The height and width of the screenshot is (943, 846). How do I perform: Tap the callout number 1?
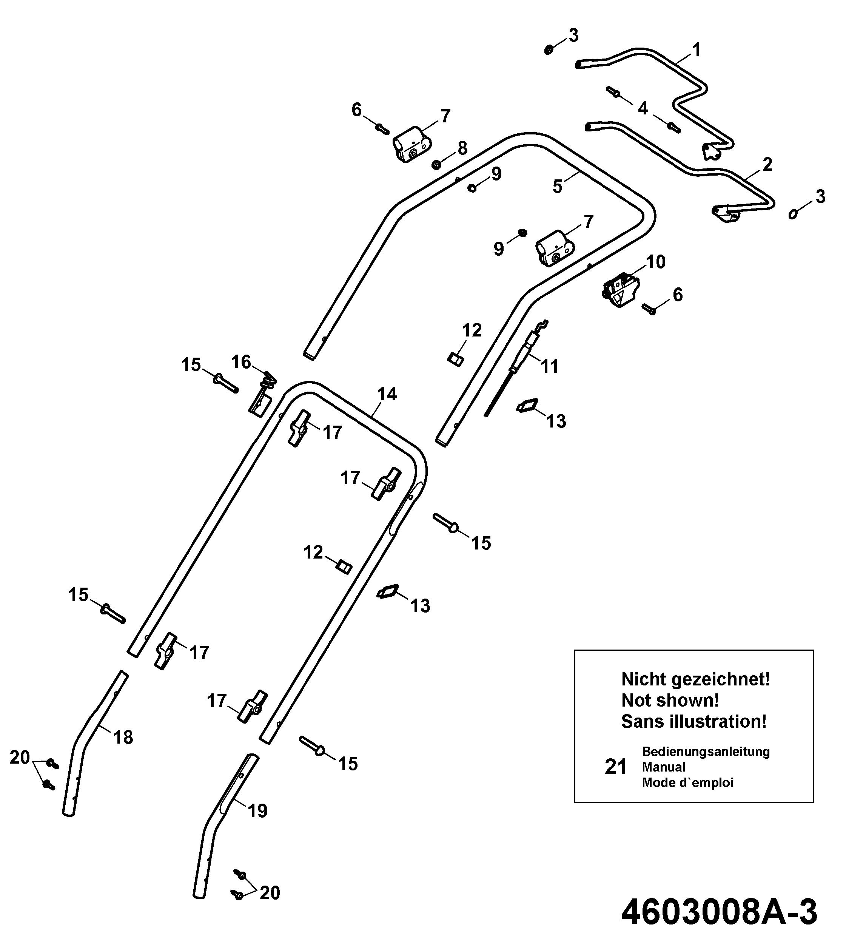tap(697, 50)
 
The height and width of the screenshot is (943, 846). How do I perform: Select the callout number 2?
tap(767, 164)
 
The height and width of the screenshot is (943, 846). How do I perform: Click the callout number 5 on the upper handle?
tap(557, 187)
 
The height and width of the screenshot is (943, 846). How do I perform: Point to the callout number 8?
tap(462, 149)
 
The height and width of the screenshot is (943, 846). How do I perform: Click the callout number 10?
tap(656, 262)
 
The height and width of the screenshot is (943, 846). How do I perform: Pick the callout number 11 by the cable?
tap(549, 366)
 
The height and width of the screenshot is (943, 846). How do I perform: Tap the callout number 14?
tap(387, 394)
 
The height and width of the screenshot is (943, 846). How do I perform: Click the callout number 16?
tap(241, 362)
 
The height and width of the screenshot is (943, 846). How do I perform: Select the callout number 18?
tap(123, 738)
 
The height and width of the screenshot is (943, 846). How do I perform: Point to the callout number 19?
tap(257, 812)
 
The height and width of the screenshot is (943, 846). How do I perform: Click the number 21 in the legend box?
tap(616, 767)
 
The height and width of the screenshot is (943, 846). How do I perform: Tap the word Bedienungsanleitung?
tap(706, 752)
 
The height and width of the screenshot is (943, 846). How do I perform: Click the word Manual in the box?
tap(663, 767)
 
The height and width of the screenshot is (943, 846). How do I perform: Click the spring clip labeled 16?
tap(262, 394)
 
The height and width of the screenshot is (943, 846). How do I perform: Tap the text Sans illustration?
tap(693, 722)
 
